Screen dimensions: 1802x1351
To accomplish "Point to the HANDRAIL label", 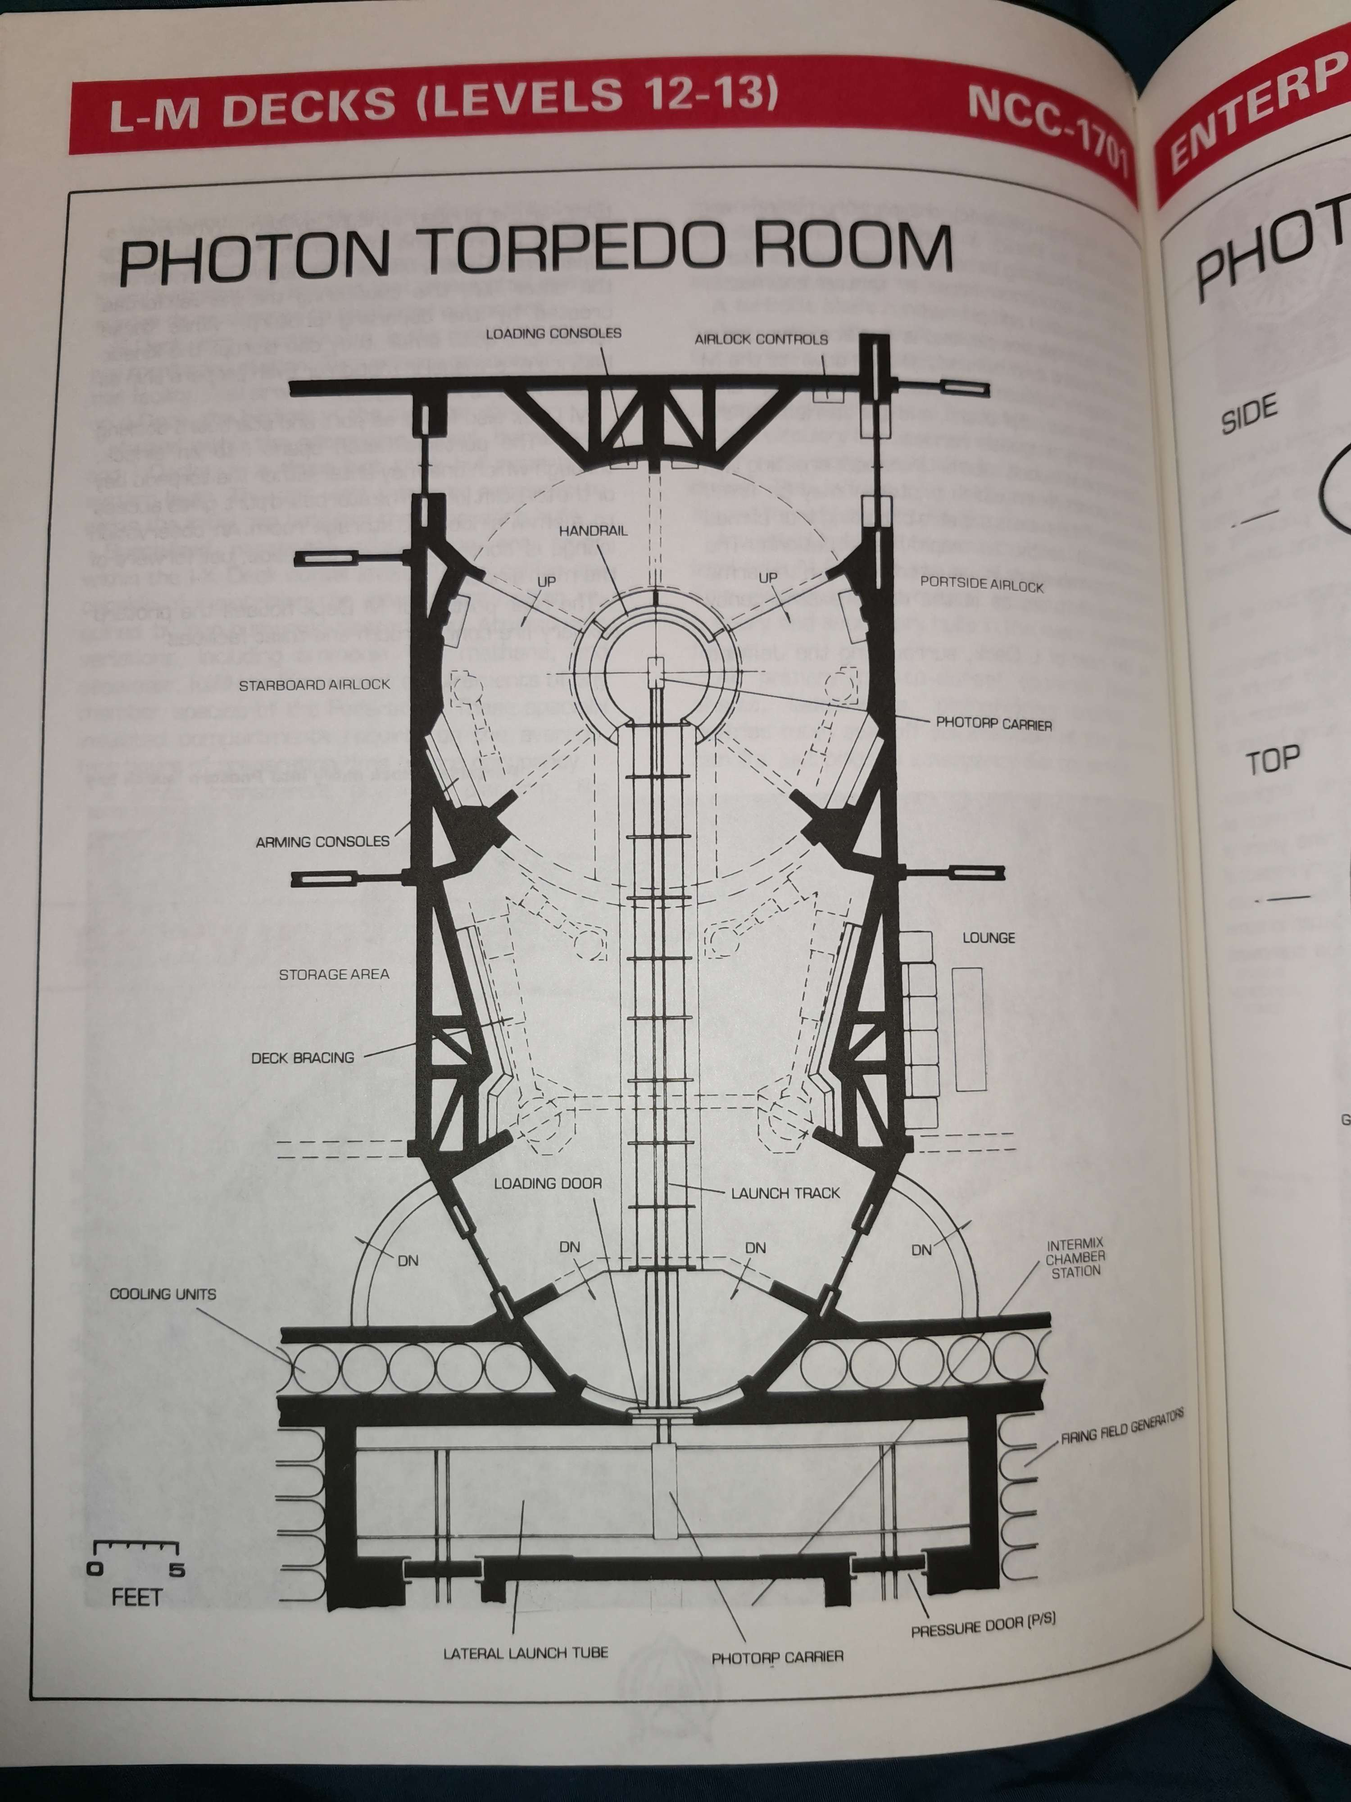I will [593, 530].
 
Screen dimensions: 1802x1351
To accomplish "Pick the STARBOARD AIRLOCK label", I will [314, 685].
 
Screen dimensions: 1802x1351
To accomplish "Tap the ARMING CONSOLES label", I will [322, 842].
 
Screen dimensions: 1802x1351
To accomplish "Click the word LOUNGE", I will [988, 937].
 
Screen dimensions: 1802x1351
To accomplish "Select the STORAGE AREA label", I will [334, 974].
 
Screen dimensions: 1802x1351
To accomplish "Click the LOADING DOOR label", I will [548, 1183].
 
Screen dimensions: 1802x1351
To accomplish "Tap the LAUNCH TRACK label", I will [785, 1193].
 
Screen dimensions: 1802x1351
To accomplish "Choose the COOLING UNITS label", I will [163, 1294].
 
